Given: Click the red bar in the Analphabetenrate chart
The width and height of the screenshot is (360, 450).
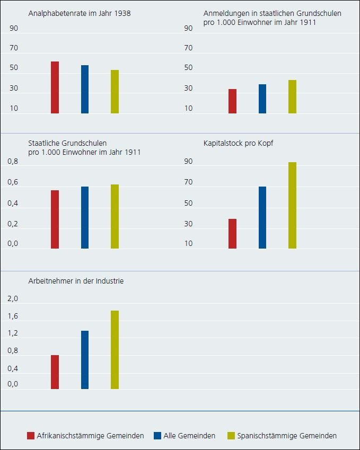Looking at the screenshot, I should click(55, 87).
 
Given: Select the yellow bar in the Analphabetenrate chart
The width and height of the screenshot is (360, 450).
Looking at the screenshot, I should click(115, 92).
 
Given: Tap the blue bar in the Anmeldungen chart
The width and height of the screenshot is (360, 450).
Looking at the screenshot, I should click(262, 99).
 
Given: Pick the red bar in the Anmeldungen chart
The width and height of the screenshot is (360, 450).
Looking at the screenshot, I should click(232, 101).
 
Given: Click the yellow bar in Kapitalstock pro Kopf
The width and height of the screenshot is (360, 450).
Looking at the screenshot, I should click(292, 205).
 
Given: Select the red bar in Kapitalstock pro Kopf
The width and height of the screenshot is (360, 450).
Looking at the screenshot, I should click(232, 234).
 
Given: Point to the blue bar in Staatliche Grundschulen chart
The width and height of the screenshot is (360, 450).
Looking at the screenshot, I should click(85, 217).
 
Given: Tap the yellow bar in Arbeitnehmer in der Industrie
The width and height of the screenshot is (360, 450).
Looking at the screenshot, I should click(115, 350).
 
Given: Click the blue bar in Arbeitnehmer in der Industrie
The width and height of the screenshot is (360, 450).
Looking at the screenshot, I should click(85, 360).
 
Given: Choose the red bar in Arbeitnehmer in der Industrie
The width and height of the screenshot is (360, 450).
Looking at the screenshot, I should click(55, 372).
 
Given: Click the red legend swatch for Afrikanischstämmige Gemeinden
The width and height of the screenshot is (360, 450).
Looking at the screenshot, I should click(30, 436).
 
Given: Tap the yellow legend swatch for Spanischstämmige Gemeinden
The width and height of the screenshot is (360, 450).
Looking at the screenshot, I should click(231, 436).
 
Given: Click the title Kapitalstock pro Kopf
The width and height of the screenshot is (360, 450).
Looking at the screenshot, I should click(238, 144).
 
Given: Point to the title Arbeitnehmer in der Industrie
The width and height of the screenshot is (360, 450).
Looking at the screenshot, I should click(75, 281).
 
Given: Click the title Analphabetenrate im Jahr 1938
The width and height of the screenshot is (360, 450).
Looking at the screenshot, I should click(79, 13).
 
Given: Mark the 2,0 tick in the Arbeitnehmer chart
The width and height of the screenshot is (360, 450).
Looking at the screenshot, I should click(13, 299).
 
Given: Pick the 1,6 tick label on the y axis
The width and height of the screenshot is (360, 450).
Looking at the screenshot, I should click(13, 316).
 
